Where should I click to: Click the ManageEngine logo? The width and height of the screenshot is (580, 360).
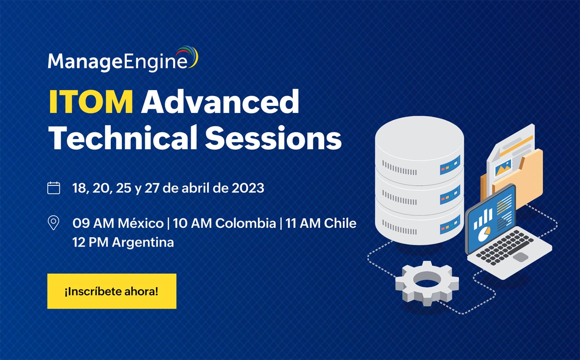click(123, 59)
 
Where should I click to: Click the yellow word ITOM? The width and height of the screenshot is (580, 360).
click(91, 101)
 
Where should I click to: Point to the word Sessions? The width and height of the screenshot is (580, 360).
click(273, 137)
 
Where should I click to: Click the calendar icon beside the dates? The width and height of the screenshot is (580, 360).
click(54, 188)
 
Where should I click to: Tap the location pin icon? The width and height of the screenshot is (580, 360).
click(53, 223)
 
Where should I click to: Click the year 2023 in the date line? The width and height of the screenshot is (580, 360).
click(248, 188)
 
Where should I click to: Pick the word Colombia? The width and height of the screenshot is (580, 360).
click(246, 223)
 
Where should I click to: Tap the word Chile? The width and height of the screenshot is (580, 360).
click(340, 223)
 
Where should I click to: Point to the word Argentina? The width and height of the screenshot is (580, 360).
click(143, 243)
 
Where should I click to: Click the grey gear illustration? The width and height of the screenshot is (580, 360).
click(427, 283)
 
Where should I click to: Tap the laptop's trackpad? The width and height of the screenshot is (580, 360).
click(521, 257)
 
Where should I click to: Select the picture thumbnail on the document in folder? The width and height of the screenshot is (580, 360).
click(503, 168)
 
